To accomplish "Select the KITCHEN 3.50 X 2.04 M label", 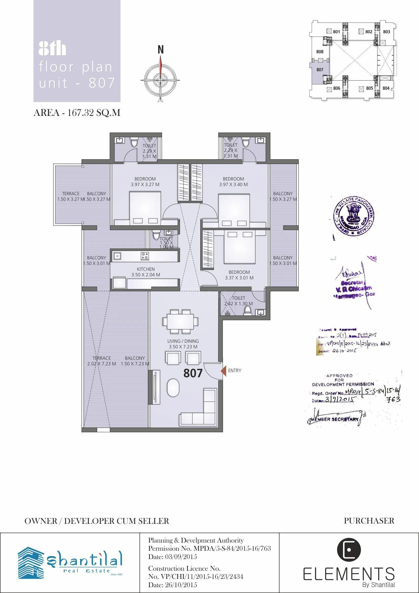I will coord(146,272).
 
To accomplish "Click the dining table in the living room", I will coord(180,321).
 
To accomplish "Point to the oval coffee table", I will coord(173,388).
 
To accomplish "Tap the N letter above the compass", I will coord(161,49).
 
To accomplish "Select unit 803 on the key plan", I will coord(386,32).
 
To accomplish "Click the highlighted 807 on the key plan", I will coord(320,70).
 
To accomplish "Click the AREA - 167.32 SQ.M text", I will coord(77,113).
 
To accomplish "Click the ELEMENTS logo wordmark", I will coord(349,574).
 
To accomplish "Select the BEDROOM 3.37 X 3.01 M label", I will coord(239,275).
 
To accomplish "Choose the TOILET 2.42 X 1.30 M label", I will coord(238,301).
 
